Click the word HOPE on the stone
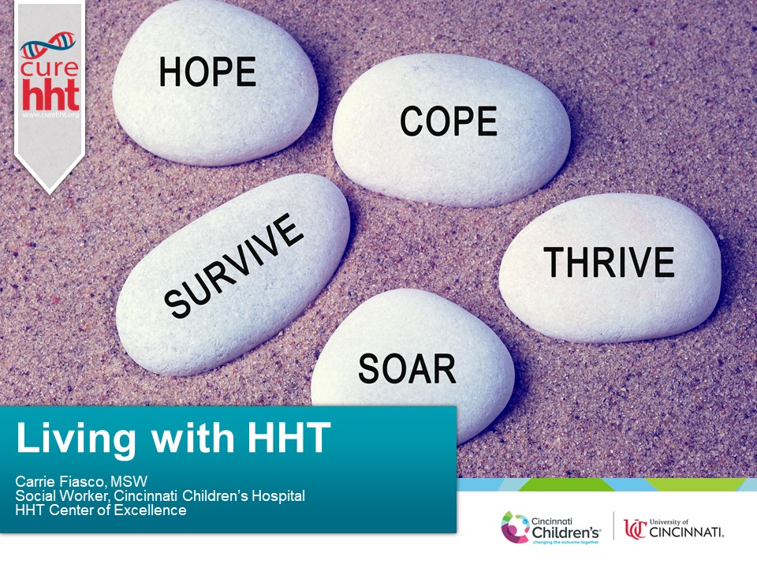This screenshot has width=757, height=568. [x=207, y=72]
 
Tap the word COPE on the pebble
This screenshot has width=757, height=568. [x=449, y=121]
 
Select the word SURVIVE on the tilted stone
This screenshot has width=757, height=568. [x=233, y=266]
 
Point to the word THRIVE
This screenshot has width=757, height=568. [x=609, y=262]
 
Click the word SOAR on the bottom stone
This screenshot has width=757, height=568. [x=407, y=368]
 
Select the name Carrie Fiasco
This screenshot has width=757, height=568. [x=60, y=481]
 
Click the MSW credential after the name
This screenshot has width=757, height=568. [x=129, y=481]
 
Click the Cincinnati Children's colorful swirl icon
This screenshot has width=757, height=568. [x=515, y=528]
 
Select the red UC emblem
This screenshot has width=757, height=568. [x=635, y=529]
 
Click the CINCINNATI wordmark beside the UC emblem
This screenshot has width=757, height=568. [x=687, y=532]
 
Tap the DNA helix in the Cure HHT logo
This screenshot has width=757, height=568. [x=48, y=44]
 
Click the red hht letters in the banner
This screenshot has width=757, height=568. [x=50, y=95]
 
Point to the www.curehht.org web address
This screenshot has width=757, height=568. [x=50, y=115]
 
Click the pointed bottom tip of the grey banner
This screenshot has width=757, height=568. [x=49, y=193]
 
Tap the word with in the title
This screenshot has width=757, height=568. [x=192, y=438]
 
